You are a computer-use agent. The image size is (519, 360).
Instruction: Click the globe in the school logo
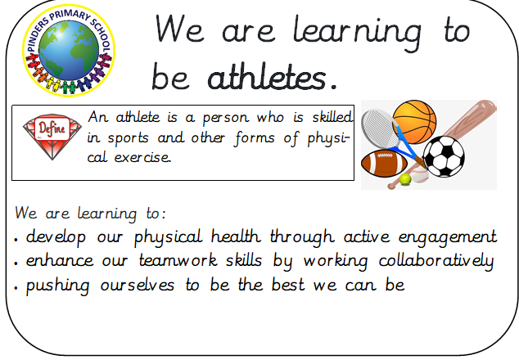69,50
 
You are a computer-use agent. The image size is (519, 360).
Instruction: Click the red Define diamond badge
52,136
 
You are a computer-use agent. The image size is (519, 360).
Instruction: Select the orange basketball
414,122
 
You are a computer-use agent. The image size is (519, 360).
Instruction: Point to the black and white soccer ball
444,156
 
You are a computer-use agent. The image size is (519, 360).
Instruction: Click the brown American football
384,164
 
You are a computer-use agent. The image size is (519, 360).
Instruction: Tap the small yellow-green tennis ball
405,179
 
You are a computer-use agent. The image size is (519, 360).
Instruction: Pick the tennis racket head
379,128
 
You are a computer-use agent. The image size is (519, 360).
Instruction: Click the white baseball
421,175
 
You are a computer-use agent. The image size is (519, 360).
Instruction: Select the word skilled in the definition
332,117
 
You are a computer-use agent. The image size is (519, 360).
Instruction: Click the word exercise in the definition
142,157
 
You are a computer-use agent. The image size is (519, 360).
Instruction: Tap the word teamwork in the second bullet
178,260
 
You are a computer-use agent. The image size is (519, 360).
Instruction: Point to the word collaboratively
436,261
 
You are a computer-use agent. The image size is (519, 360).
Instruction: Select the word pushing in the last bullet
57,286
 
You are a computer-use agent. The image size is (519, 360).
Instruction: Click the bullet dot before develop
16,239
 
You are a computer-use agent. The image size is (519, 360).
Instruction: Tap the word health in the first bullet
236,236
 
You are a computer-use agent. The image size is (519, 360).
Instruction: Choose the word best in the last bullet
288,285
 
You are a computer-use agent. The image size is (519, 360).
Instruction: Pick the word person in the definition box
225,118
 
